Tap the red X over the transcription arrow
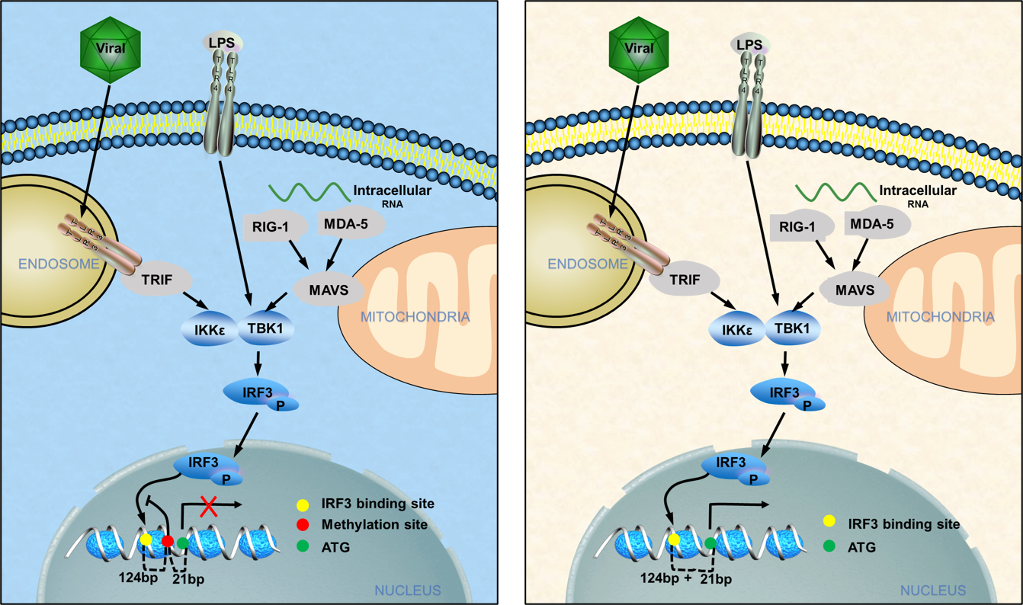[208, 506]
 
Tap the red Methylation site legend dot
[303, 524]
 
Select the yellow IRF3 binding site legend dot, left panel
[303, 504]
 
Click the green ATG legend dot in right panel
[829, 546]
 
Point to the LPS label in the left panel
[223, 43]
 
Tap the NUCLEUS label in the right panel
[933, 591]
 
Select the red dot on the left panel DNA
[168, 541]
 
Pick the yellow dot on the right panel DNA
[674, 539]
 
